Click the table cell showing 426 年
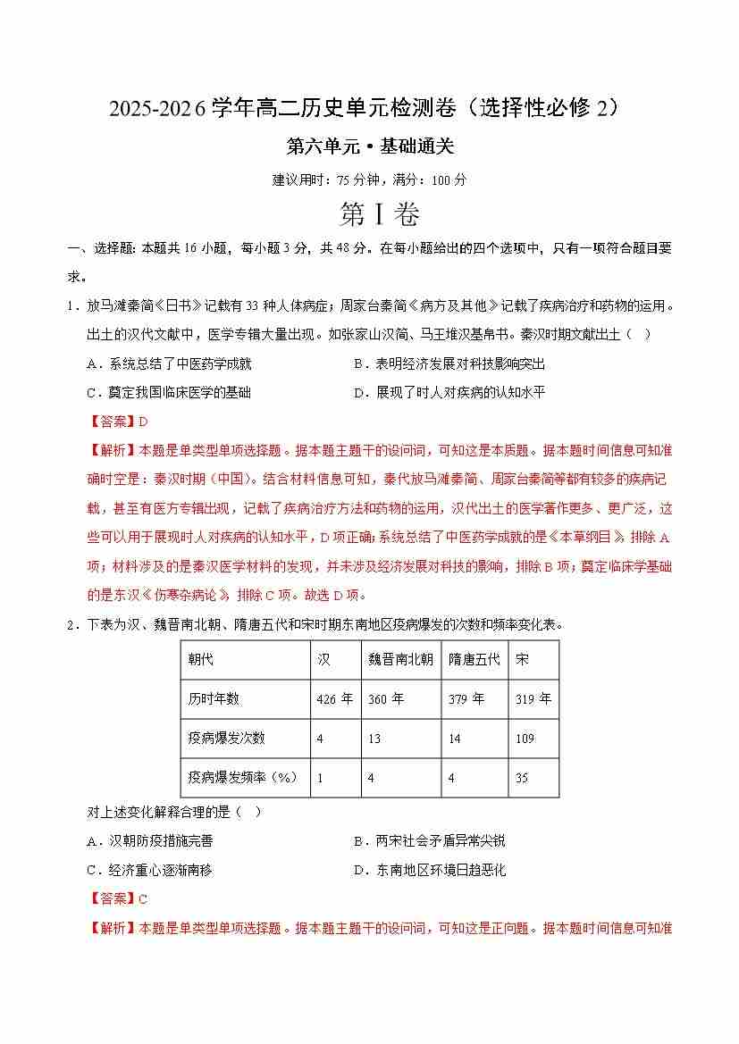pyautogui.click(x=334, y=699)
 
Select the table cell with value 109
pyautogui.click(x=525, y=739)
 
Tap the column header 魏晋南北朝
pyautogui.click(x=400, y=660)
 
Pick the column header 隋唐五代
pyautogui.click(x=474, y=660)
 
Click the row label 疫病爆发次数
pyautogui.click(x=226, y=739)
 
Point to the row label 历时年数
pyautogui.click(x=214, y=699)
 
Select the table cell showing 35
pyautogui.click(x=522, y=778)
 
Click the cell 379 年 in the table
pyautogui.click(x=466, y=699)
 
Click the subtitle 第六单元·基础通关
pyautogui.click(x=369, y=147)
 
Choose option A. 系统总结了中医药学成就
pyautogui.click(x=170, y=363)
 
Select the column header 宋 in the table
pyautogui.click(x=522, y=660)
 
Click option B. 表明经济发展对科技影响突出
pyautogui.click(x=449, y=363)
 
